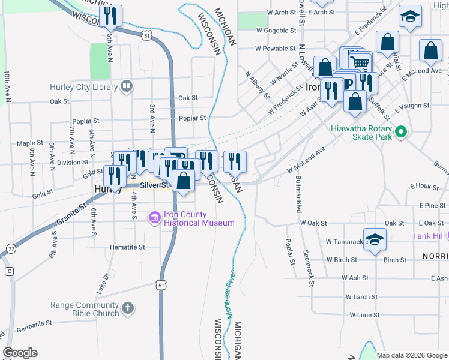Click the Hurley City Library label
(83, 87)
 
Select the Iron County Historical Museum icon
(154, 217)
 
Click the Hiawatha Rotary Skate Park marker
(400, 131)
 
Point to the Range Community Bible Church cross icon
(127, 308)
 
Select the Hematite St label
(127, 247)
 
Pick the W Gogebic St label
(276, 30)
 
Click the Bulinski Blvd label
(298, 196)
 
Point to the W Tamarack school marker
(375, 239)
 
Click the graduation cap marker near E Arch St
(411, 17)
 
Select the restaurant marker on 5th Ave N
(110, 16)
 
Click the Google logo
(20, 353)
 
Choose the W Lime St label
(360, 315)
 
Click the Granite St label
(69, 218)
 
